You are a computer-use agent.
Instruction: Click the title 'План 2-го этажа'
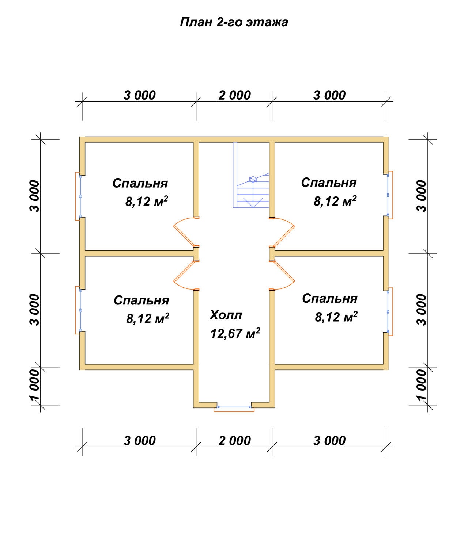(234, 23)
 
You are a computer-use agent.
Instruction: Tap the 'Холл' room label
(226, 315)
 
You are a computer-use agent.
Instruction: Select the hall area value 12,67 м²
(235, 333)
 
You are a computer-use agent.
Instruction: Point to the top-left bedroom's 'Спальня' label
(140, 183)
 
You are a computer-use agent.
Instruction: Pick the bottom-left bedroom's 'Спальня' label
(141, 300)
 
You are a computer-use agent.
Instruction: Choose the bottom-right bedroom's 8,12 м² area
(336, 317)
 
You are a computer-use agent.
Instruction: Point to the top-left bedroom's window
(78, 196)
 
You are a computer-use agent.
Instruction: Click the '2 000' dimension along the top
(234, 95)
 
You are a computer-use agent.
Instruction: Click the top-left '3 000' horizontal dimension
(140, 95)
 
